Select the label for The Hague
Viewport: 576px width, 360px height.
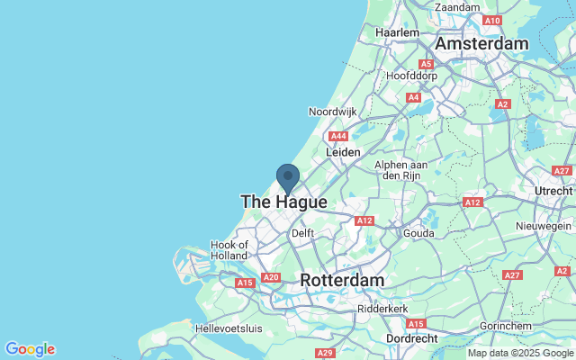pyautogui.click(x=283, y=202)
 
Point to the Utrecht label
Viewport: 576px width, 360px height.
pyautogui.click(x=553, y=192)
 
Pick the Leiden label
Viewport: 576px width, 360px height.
pyautogui.click(x=343, y=153)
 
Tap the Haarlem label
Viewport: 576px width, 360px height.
pyautogui.click(x=398, y=32)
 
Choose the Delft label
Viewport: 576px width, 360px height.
pyautogui.click(x=303, y=234)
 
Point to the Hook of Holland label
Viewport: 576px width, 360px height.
pyautogui.click(x=229, y=250)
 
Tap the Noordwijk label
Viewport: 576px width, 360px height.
pyautogui.click(x=333, y=112)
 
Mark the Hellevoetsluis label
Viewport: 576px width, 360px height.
pyautogui.click(x=229, y=328)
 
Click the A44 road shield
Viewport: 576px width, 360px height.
pyautogui.click(x=338, y=137)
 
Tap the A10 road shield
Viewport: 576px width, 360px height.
pyautogui.click(x=491, y=20)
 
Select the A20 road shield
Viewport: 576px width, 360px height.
pyautogui.click(x=270, y=277)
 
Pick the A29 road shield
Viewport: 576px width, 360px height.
pyautogui.click(x=326, y=352)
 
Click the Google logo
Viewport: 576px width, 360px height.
pyautogui.click(x=30, y=349)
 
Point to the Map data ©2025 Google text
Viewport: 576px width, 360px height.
pyautogui.click(x=520, y=353)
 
